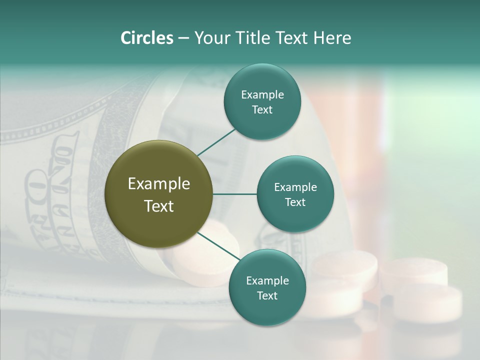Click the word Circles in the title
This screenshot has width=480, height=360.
coord(147,38)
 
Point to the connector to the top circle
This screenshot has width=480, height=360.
coord(217,141)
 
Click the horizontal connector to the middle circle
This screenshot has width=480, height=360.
coord(235,194)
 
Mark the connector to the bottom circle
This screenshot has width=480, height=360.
coord(219,246)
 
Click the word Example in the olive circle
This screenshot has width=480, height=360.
coord(159,184)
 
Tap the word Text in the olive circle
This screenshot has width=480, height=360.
coord(159,206)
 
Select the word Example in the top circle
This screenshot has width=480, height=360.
coord(262,94)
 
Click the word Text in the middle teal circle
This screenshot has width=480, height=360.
coord(295,202)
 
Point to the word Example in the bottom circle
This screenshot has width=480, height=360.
coord(267,280)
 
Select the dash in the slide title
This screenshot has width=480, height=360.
coord(183,38)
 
